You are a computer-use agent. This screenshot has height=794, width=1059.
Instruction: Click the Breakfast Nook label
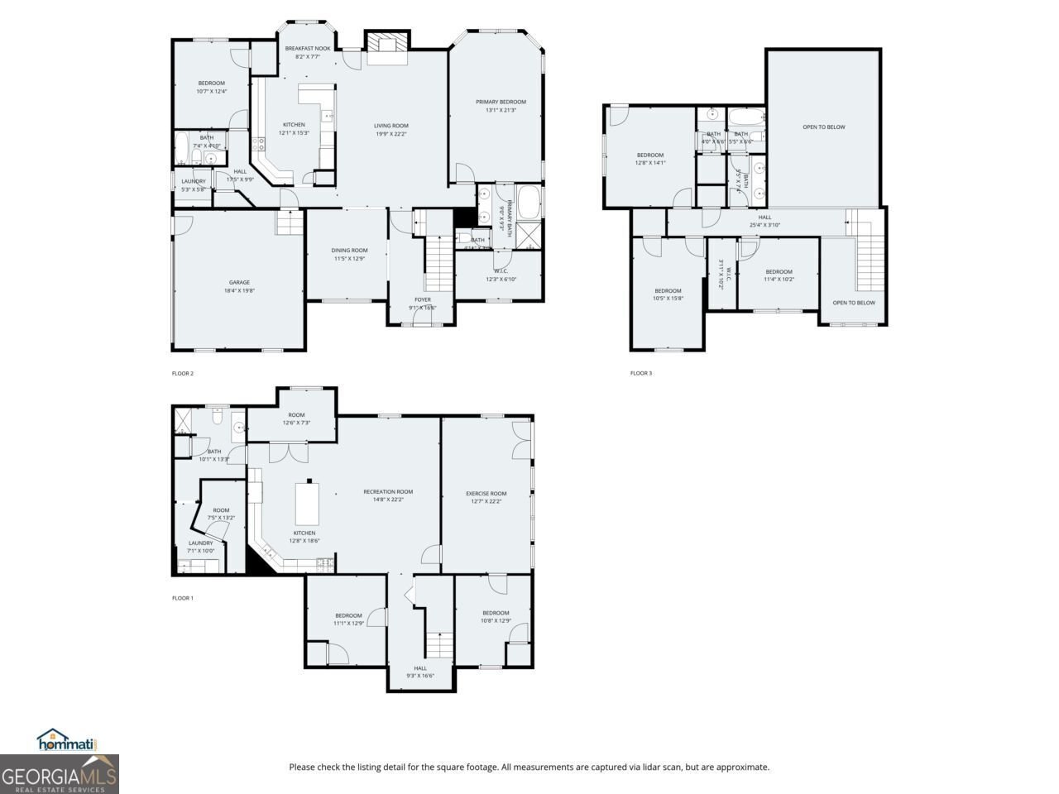tap(308, 49)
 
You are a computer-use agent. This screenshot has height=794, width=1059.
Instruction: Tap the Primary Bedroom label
tap(501, 102)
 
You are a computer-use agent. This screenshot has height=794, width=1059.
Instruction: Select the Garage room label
tap(239, 282)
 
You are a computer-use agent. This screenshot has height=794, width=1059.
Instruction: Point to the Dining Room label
tap(350, 250)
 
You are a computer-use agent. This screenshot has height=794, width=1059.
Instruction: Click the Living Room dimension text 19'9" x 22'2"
tap(391, 134)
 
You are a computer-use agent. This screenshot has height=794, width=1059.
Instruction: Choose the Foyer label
tap(422, 299)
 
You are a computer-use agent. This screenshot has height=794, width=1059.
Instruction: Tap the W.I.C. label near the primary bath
tap(501, 270)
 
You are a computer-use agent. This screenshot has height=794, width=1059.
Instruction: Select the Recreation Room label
tap(388, 491)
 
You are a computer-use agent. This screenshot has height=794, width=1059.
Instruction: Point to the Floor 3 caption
tap(640, 373)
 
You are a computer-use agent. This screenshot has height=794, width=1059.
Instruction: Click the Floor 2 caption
tap(182, 373)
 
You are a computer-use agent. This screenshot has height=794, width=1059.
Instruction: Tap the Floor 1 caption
tap(182, 598)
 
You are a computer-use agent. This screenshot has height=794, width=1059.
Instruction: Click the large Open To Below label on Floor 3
tap(823, 127)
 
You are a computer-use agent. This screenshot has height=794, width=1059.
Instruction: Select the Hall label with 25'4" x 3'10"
tap(764, 217)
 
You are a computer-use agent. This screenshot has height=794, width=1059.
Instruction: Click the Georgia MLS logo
tap(60, 775)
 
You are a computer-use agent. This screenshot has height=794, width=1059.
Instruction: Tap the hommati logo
tap(68, 741)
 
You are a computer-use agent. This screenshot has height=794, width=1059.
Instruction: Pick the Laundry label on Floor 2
tap(194, 181)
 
